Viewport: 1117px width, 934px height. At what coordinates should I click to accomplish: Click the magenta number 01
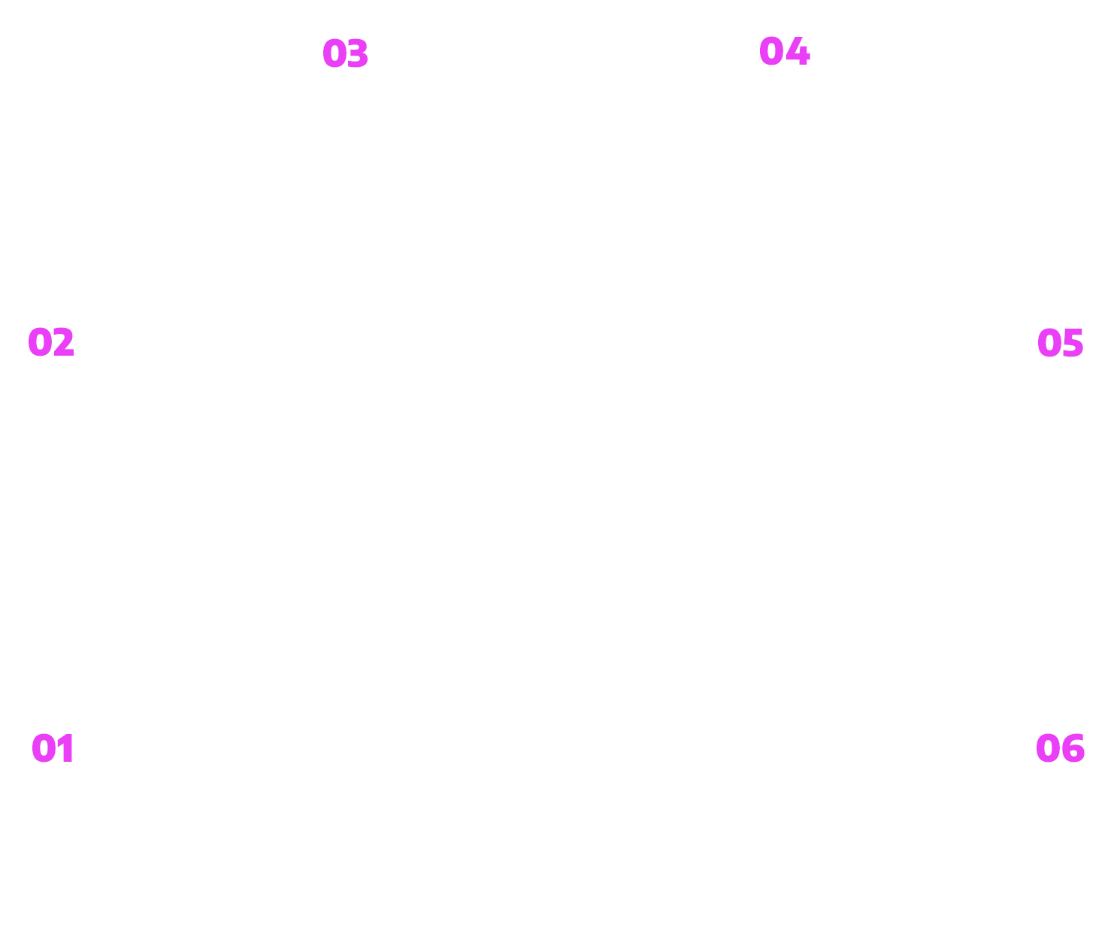click(x=53, y=748)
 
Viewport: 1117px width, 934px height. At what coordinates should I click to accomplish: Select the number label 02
click(x=51, y=341)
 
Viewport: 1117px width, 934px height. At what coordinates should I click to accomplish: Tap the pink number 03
click(x=345, y=53)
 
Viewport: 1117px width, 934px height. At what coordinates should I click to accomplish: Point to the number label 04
click(x=784, y=51)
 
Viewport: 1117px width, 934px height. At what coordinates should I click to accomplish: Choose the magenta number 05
click(x=1060, y=343)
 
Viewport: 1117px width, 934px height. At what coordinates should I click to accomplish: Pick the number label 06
click(x=1060, y=748)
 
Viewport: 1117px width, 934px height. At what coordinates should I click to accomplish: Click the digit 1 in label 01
click(x=65, y=748)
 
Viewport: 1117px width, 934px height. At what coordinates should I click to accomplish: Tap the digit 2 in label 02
click(x=64, y=341)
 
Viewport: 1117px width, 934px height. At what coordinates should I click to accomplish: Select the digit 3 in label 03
click(x=358, y=53)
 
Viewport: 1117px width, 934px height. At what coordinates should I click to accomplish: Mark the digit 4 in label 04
click(x=798, y=51)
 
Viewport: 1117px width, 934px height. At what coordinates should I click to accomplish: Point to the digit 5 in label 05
click(x=1073, y=343)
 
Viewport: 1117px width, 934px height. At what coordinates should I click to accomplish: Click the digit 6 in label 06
click(x=1073, y=748)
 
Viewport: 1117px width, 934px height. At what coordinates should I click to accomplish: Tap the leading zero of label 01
click(x=44, y=748)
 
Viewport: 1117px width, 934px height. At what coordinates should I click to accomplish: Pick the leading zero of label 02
click(x=40, y=342)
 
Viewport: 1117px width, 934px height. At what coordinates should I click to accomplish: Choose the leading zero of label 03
click(x=335, y=53)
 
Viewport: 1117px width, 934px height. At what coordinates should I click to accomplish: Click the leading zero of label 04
click(x=772, y=51)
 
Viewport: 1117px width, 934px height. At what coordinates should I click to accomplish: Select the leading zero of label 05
click(x=1049, y=343)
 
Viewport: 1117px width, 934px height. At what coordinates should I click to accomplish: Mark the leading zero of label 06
click(x=1049, y=748)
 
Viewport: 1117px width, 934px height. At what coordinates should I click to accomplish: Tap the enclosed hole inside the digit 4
click(x=797, y=49)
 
